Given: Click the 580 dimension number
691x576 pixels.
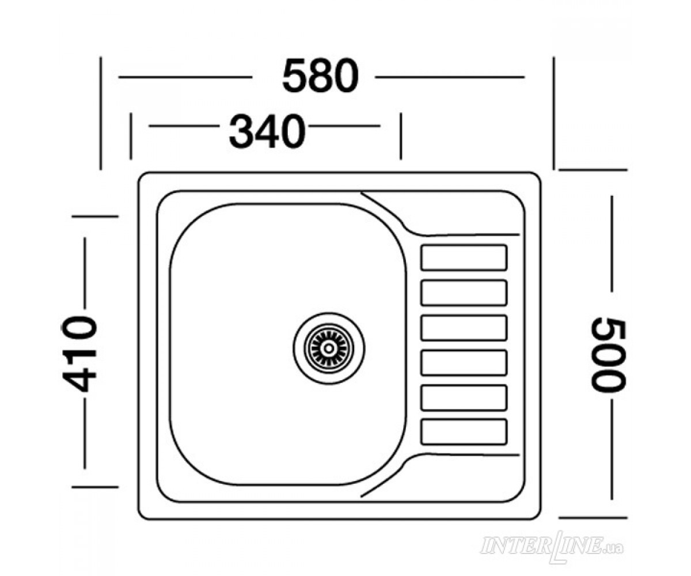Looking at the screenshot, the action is tap(320, 76).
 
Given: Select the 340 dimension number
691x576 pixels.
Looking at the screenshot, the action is tap(267, 131).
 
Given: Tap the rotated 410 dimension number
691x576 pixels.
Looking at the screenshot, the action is tap(79, 354).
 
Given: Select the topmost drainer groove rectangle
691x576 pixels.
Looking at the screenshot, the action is tap(464, 257).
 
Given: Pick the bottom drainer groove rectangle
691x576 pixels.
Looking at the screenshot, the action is tap(464, 431).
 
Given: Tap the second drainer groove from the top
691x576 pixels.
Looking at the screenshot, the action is tap(464, 293).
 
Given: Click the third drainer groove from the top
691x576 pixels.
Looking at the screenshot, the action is tap(464, 328).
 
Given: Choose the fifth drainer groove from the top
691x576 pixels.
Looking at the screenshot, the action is tap(464, 397).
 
